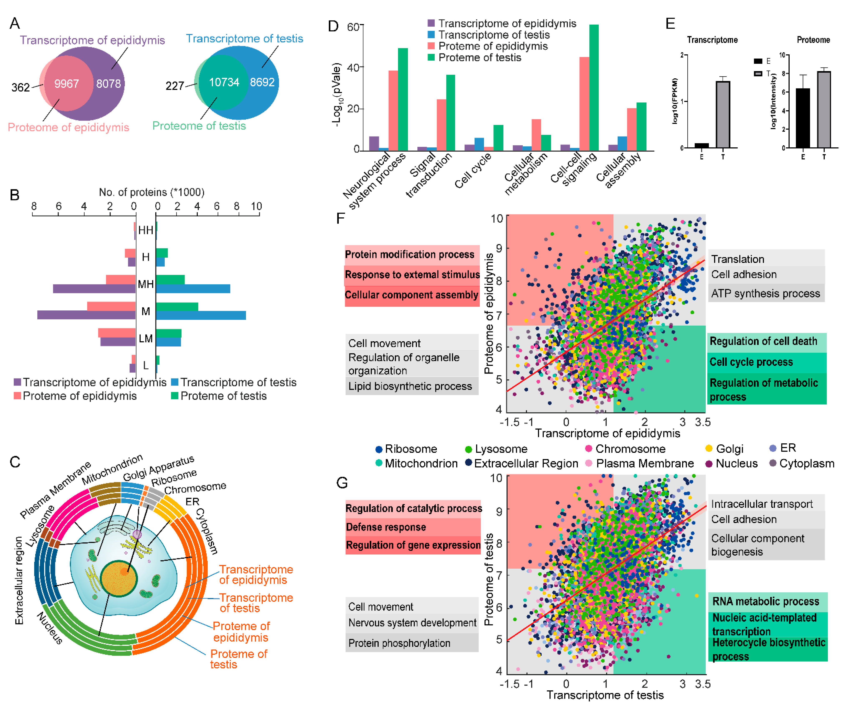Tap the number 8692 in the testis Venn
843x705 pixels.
(262, 82)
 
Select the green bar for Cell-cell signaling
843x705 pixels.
(594, 87)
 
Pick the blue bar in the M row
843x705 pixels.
(201, 315)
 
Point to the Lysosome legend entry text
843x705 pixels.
(501, 449)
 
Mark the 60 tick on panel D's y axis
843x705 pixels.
(353, 27)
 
